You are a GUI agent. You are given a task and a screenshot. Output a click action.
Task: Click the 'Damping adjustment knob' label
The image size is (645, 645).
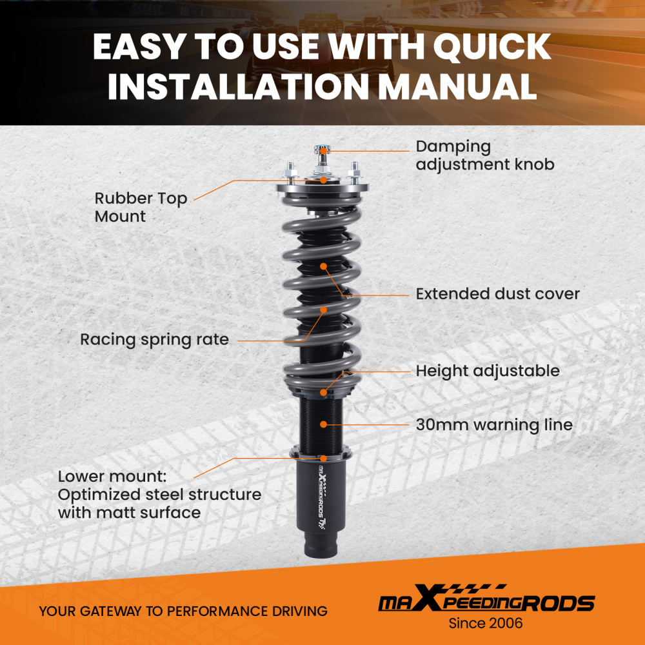(x=485, y=155)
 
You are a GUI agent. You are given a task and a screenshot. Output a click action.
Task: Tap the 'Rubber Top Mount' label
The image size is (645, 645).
(x=141, y=207)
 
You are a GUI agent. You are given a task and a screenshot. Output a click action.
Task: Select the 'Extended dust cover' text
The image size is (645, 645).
(x=497, y=293)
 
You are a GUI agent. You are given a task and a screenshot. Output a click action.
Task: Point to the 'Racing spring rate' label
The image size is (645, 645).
(x=154, y=340)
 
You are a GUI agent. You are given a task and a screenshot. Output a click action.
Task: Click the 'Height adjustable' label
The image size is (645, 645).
(x=488, y=371)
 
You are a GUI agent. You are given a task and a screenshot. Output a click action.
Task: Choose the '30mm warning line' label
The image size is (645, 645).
(x=494, y=424)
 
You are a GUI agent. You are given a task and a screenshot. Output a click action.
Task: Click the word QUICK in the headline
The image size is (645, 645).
(x=492, y=47)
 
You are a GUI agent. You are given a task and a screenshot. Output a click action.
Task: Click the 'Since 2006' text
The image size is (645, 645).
(x=486, y=623)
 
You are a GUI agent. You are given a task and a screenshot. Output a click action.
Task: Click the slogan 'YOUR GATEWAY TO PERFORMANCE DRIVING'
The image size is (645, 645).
(x=183, y=611)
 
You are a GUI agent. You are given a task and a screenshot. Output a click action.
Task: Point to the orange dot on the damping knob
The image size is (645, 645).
(x=323, y=151)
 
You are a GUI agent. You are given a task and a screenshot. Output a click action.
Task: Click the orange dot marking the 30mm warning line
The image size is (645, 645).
(x=324, y=424)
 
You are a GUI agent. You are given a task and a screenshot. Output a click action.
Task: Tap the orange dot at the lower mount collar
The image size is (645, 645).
(x=324, y=458)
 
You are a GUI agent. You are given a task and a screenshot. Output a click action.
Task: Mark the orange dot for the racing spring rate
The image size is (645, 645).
(x=324, y=310)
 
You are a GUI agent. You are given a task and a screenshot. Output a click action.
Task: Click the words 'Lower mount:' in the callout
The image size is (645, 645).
(x=112, y=477)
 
